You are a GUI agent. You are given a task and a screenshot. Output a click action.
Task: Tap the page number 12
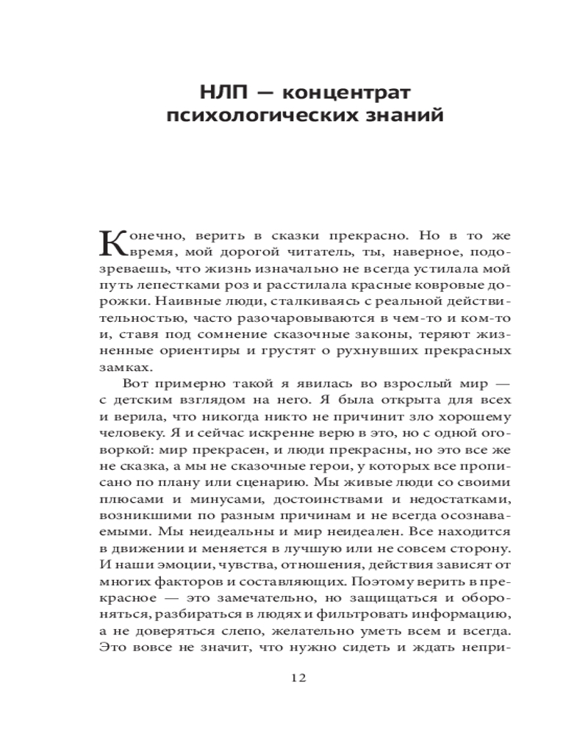pyautogui.click(x=298, y=677)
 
